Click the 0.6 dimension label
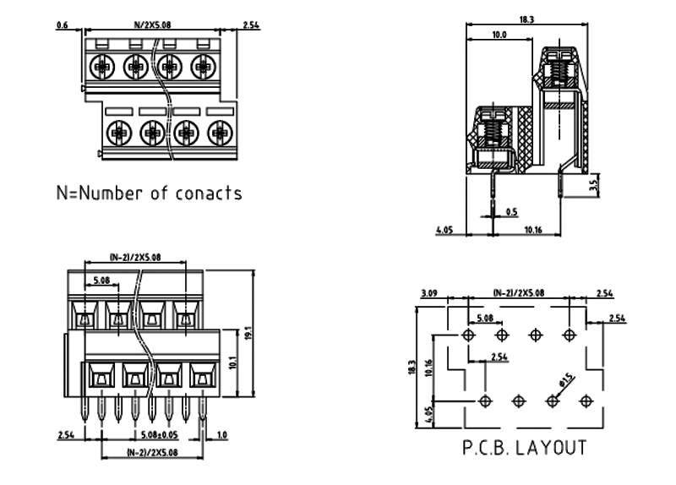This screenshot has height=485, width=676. click(61, 25)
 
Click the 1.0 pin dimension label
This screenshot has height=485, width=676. click(222, 435)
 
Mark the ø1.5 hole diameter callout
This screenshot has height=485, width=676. click(564, 378)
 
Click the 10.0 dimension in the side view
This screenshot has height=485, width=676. click(499, 35)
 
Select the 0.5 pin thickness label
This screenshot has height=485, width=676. click(511, 211)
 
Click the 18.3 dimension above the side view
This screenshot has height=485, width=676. click(526, 19)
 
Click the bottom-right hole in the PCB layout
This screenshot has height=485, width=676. click(583, 400)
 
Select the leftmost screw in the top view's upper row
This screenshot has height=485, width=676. click(101, 65)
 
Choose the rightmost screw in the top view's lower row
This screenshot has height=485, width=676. click(219, 131)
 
